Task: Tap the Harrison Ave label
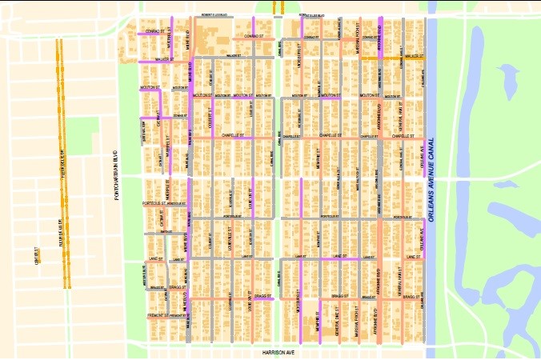(x=279, y=352)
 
